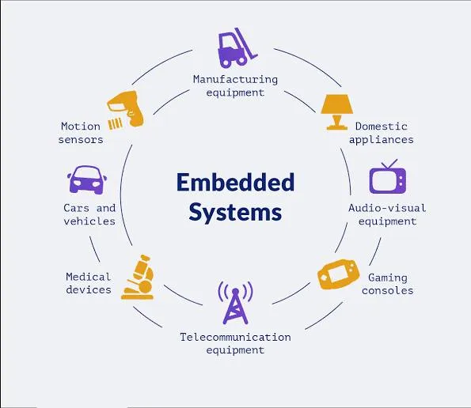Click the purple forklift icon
pyautogui.click(x=234, y=48)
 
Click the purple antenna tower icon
pyautogui.click(x=234, y=302)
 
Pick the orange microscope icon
pyautogui.click(x=136, y=276)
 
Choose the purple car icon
pyautogui.click(x=87, y=180)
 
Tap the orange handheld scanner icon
pyautogui.click(x=127, y=109)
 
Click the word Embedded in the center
pyautogui.click(x=235, y=182)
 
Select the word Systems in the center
pyautogui.click(x=235, y=212)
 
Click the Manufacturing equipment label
pyautogui.click(x=235, y=85)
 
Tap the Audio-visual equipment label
pyautogui.click(x=387, y=214)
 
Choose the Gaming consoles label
pyautogui.click(x=387, y=284)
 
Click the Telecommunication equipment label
pyautogui.click(x=235, y=343)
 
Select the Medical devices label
pyautogui.click(x=89, y=283)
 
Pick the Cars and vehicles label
pyautogui.click(x=89, y=214)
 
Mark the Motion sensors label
pyautogui.click(x=81, y=133)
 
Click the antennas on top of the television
pyautogui.click(x=388, y=165)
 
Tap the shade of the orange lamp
pyautogui.click(x=336, y=104)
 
